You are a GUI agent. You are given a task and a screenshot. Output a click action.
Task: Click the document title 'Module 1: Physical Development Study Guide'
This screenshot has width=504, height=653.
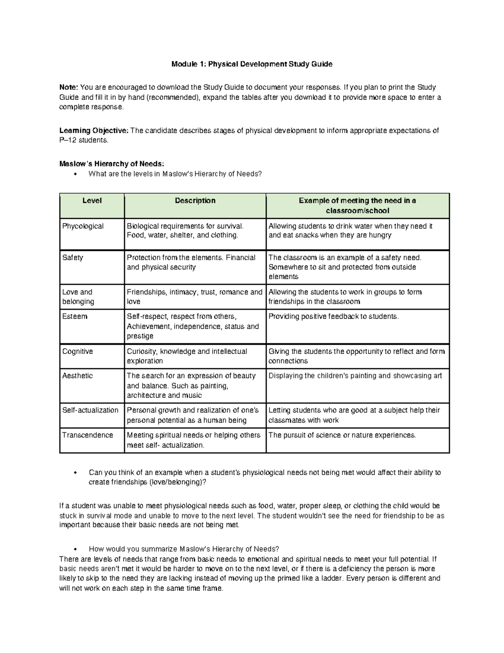coord(252,64)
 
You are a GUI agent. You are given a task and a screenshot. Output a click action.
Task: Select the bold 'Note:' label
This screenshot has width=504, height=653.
coord(68,87)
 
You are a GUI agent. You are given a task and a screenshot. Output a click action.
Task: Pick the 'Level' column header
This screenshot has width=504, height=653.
coord(92,201)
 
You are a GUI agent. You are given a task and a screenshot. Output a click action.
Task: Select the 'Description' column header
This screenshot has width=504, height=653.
coord(195,201)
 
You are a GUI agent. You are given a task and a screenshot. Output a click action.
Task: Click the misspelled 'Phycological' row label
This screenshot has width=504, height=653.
coord(83,226)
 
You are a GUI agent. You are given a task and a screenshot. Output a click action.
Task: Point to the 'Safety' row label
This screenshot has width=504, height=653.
coord(73,258)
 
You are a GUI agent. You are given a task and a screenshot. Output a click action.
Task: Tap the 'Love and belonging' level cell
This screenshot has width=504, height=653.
coord(78,296)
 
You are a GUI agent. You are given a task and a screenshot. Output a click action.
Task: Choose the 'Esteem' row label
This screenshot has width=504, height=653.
coord(75,317)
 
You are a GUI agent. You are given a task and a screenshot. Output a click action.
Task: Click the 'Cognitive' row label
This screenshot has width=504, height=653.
coord(78,352)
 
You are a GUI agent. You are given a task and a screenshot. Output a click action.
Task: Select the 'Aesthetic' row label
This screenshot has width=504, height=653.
coord(77,376)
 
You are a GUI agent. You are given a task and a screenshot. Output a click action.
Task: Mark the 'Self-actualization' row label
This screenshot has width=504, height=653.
coord(90,410)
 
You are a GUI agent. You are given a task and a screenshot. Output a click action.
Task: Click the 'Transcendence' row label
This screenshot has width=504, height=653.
coord(87,435)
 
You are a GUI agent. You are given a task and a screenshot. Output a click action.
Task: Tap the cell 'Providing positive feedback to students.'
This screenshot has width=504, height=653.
coord(333,317)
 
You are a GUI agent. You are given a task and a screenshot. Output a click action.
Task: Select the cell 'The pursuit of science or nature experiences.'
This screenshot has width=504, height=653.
coord(342,435)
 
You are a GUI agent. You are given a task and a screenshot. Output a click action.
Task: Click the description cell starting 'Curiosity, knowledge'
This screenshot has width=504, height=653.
coord(187,356)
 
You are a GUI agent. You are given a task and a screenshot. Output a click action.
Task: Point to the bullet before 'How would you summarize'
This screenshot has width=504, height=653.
coord(75,549)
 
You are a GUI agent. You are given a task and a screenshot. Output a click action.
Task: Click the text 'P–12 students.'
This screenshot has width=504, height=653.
coord(84,140)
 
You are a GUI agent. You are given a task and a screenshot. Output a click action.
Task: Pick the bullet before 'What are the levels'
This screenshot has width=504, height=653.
coord(75,174)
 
